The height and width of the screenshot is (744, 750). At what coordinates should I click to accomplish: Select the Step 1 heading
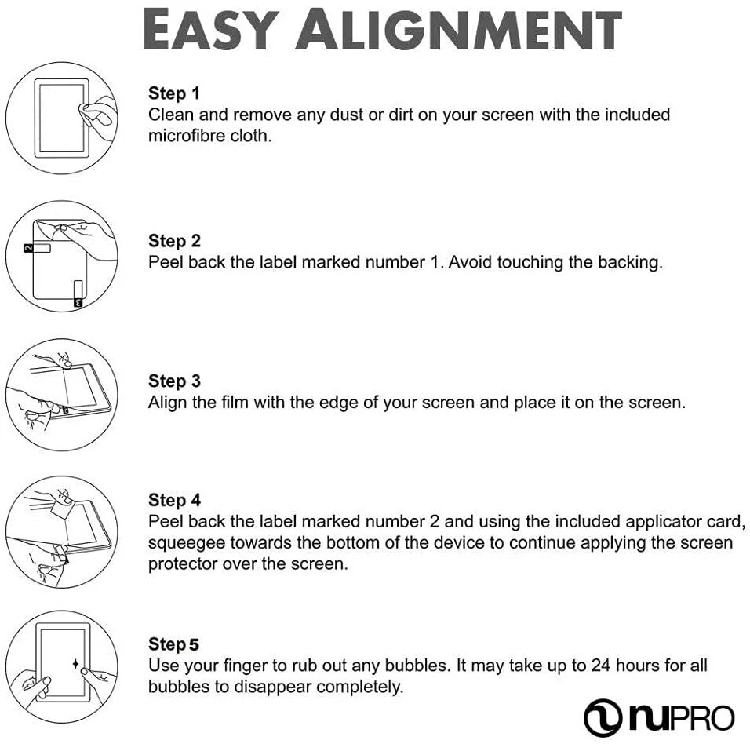pos(174,93)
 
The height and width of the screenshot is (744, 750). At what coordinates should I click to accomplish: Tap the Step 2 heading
pos(174,241)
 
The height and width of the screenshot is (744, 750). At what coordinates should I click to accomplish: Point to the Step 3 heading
pos(174,381)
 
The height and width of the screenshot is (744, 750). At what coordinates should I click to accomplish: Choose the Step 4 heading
pos(174,500)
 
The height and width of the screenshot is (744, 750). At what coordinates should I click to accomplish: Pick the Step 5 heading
pos(174,644)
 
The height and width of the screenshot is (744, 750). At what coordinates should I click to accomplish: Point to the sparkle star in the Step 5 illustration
pos(76,665)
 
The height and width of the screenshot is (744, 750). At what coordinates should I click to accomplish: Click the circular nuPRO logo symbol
pos(603,717)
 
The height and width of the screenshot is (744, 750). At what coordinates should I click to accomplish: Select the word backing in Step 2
pos(629,262)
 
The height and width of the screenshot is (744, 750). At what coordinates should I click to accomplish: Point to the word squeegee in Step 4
pos(185,543)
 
